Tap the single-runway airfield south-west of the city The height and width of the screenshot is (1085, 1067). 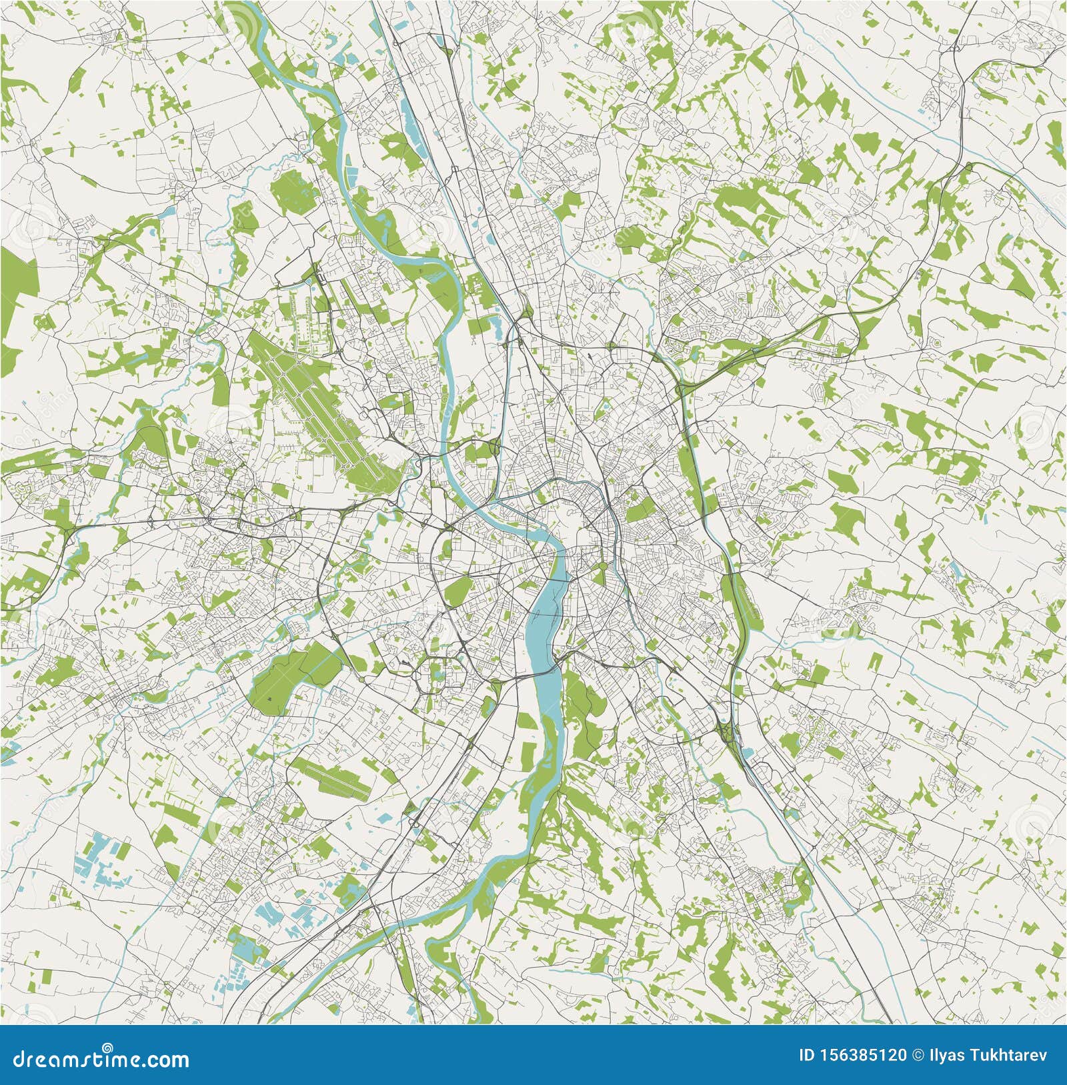(x=333, y=777)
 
